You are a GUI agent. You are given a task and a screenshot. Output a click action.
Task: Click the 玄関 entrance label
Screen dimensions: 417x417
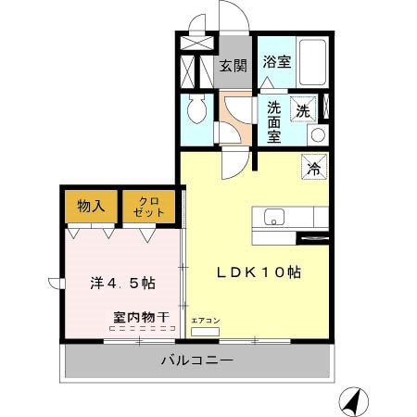click(x=233, y=65)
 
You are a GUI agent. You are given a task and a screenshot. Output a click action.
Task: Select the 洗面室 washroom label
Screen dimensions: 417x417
click(x=274, y=120)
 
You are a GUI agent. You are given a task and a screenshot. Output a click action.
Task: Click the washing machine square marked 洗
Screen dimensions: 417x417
click(x=304, y=109)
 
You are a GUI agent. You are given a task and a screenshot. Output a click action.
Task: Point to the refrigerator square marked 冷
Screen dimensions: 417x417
click(x=313, y=170)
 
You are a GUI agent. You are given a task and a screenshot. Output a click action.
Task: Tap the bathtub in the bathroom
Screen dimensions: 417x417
click(x=312, y=62)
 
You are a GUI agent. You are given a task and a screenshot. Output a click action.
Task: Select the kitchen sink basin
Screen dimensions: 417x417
click(x=274, y=218)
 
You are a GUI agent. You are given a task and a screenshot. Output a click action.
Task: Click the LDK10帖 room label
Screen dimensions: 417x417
click(x=259, y=272)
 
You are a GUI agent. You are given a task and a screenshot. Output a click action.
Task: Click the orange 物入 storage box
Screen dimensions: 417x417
click(x=91, y=206)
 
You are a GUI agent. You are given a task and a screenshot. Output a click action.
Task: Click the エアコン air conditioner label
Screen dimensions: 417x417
click(x=205, y=321)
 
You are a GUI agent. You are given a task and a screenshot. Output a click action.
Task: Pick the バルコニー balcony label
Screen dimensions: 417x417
click(x=196, y=360)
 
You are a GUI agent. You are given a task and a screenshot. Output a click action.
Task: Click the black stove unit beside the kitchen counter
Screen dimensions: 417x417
click(x=311, y=238)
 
